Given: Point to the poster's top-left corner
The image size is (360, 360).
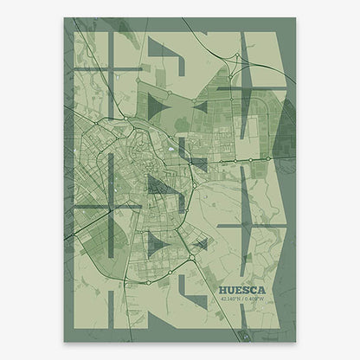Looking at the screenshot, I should pos(65,18).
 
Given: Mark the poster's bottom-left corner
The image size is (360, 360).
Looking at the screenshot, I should pos(65,342).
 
